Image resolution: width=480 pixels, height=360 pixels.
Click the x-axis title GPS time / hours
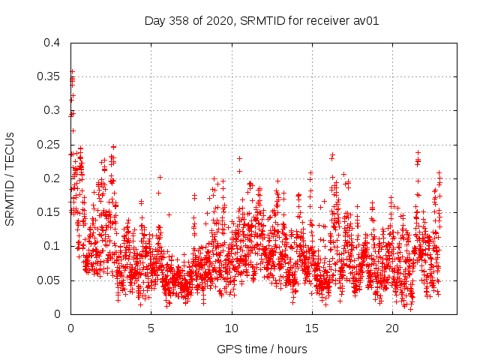[262, 349]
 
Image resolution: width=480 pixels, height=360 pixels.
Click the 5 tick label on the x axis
[151, 328]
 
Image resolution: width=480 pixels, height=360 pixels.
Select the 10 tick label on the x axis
[232, 328]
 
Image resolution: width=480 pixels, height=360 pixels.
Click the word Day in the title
[154, 21]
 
